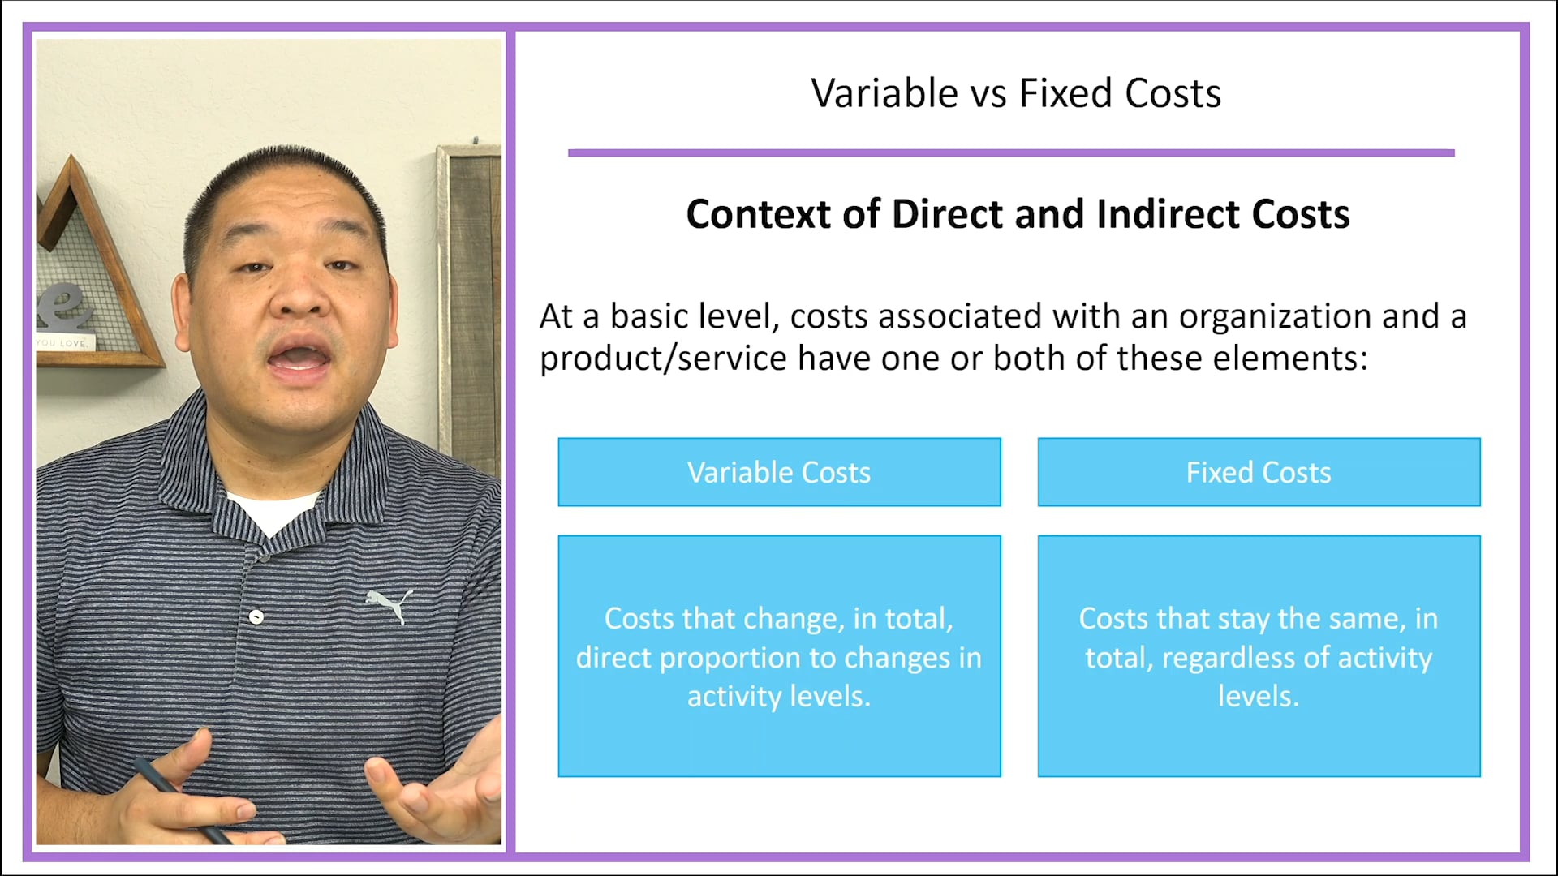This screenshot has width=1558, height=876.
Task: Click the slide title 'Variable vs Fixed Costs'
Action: (1016, 93)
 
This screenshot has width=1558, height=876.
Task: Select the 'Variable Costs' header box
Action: (779, 472)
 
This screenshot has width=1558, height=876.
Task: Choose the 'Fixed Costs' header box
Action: (1259, 472)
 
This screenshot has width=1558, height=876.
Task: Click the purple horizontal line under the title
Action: (1011, 152)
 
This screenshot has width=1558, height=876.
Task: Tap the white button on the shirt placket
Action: (256, 617)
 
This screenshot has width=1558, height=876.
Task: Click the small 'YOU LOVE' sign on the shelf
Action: (63, 343)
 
